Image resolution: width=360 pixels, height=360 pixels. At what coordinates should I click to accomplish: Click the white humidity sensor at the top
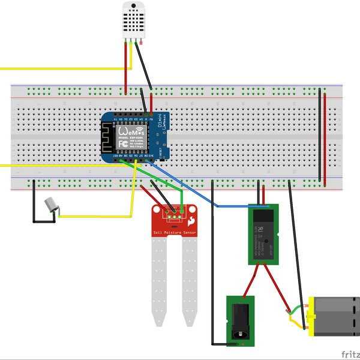(134, 19)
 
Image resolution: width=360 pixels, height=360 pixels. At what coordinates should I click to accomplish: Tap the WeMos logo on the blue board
(131, 130)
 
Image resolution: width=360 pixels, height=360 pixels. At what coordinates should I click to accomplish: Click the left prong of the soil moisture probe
(159, 276)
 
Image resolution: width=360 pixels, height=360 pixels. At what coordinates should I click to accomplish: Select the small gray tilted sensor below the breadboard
(51, 205)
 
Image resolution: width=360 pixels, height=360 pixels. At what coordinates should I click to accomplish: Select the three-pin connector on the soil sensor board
(173, 211)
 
